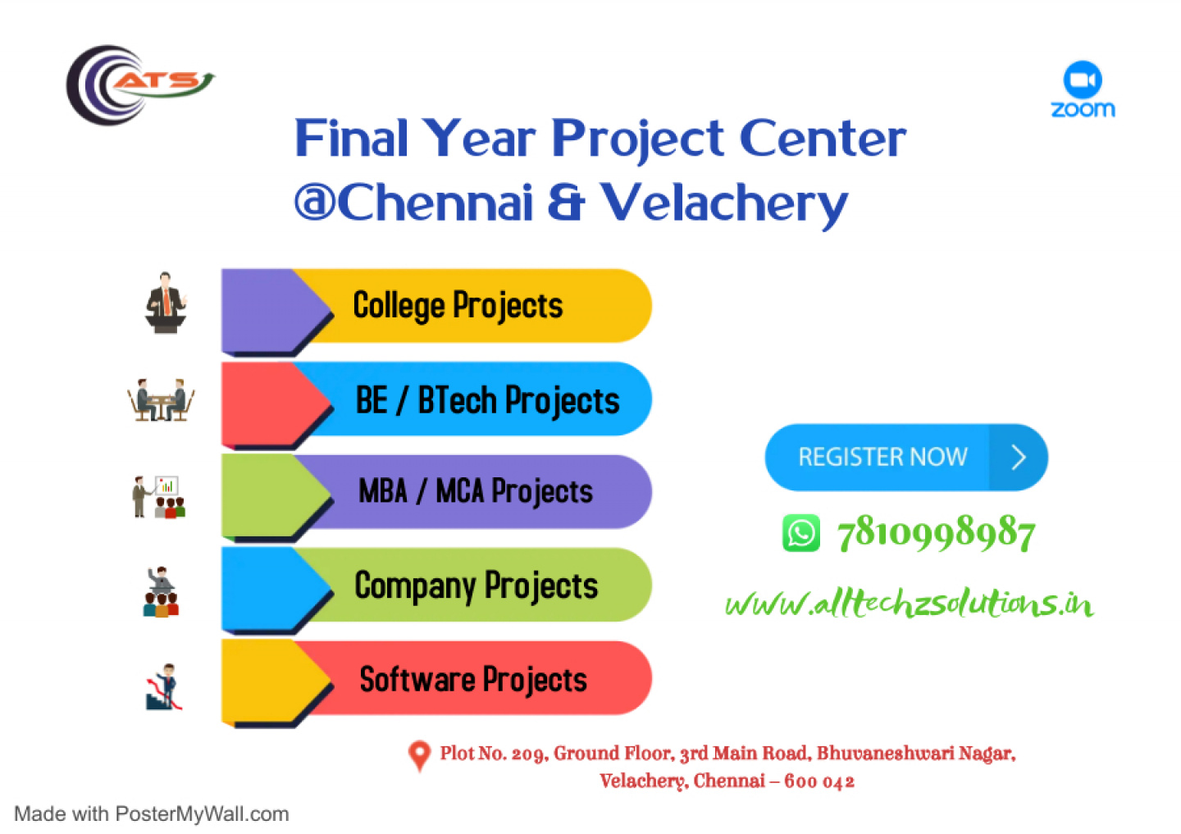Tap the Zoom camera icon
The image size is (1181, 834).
point(1083,80)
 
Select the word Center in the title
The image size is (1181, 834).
point(823,138)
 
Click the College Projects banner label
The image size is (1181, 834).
point(458,306)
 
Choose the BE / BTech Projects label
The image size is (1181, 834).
point(488,400)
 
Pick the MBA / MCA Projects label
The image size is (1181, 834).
point(476,491)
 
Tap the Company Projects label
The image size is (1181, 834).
point(476,586)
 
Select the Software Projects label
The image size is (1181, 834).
point(473,679)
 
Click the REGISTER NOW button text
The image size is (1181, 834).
point(883,457)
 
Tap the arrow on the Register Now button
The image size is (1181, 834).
point(1019,458)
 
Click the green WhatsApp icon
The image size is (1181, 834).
point(800,533)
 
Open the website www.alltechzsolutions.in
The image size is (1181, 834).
point(910,603)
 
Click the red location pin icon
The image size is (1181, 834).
point(420,756)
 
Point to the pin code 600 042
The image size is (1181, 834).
point(818,782)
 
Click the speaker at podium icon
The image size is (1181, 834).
point(166,303)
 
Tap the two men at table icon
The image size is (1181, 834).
point(161,400)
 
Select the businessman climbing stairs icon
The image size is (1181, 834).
point(165,687)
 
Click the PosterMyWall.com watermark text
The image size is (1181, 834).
point(202,814)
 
